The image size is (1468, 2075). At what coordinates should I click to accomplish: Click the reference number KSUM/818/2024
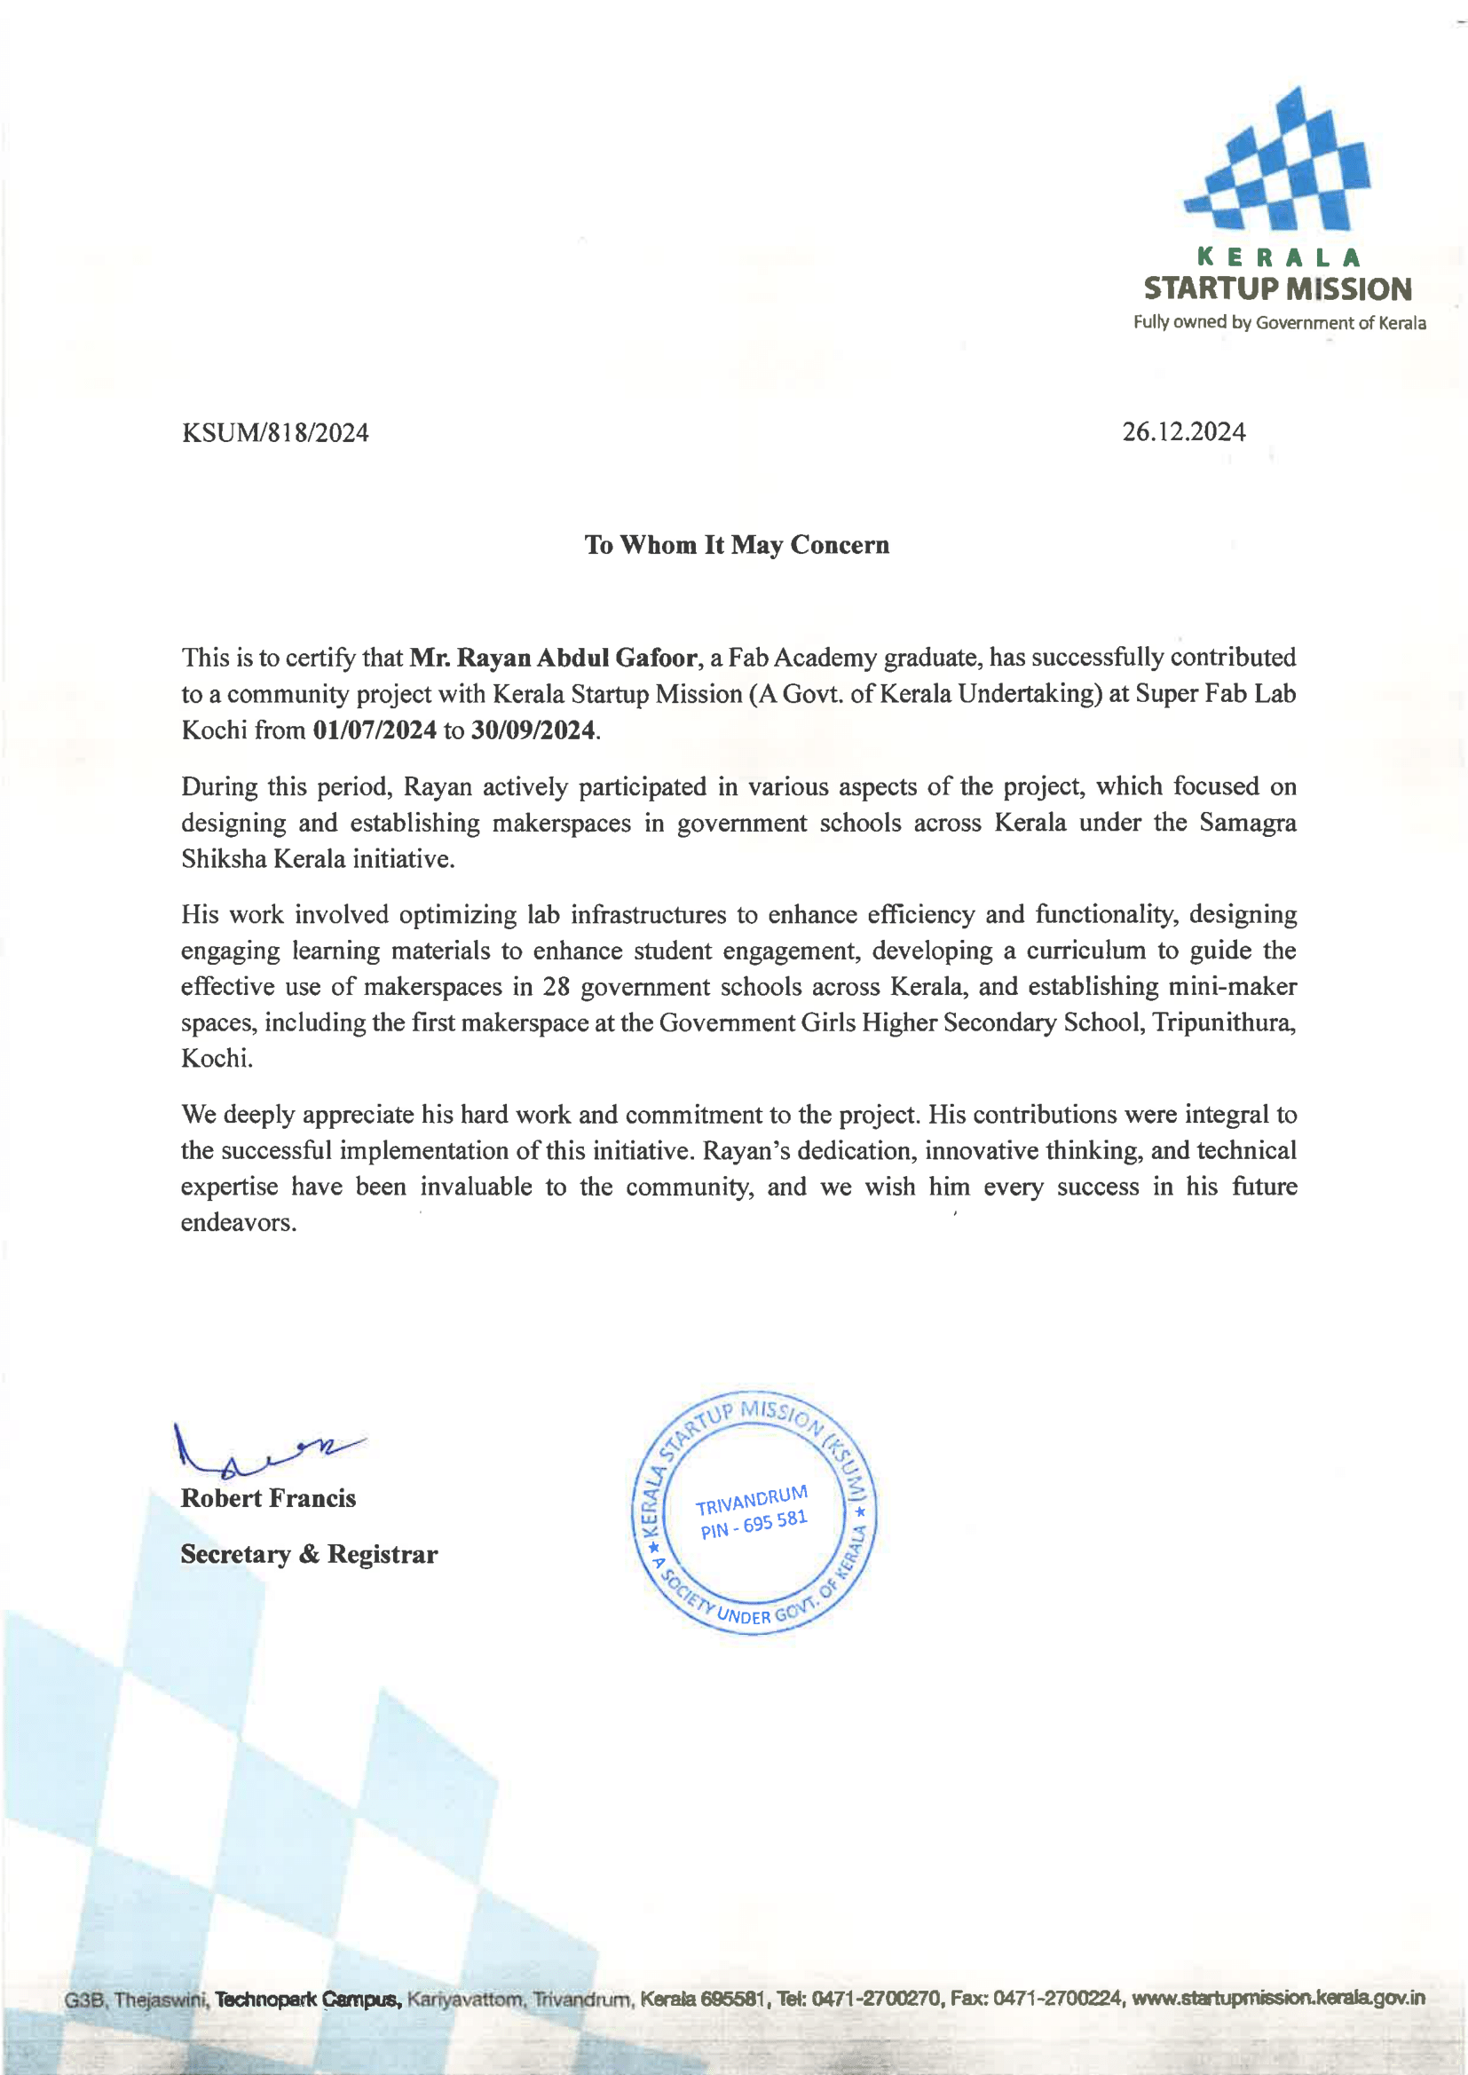click(x=275, y=433)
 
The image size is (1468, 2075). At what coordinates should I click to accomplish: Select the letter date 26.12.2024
click(x=1183, y=432)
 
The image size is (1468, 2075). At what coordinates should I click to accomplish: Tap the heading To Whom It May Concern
click(x=737, y=545)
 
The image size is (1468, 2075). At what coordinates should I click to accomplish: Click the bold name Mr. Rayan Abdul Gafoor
click(x=553, y=657)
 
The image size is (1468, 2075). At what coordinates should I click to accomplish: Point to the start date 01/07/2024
click(x=375, y=730)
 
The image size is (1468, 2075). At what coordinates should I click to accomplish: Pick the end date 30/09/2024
click(x=533, y=730)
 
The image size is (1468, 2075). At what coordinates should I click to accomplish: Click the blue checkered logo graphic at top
click(x=1278, y=162)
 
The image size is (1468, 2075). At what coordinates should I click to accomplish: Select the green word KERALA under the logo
click(x=1278, y=258)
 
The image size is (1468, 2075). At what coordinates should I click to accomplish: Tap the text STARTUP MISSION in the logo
click(x=1277, y=289)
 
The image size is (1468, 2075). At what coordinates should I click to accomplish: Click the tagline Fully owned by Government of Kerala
click(x=1279, y=323)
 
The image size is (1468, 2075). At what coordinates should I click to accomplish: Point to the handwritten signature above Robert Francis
click(x=262, y=1450)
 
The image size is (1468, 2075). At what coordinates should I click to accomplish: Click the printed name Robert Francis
click(x=268, y=1498)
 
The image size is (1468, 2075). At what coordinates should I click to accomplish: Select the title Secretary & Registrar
click(x=309, y=1554)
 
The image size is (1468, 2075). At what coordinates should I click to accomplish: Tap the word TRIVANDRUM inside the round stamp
click(x=751, y=1500)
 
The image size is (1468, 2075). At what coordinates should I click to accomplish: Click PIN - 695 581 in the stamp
click(x=754, y=1525)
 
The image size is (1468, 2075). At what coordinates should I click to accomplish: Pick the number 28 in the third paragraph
click(x=556, y=987)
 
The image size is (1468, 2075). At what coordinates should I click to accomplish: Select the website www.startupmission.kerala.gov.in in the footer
click(x=1278, y=1998)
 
